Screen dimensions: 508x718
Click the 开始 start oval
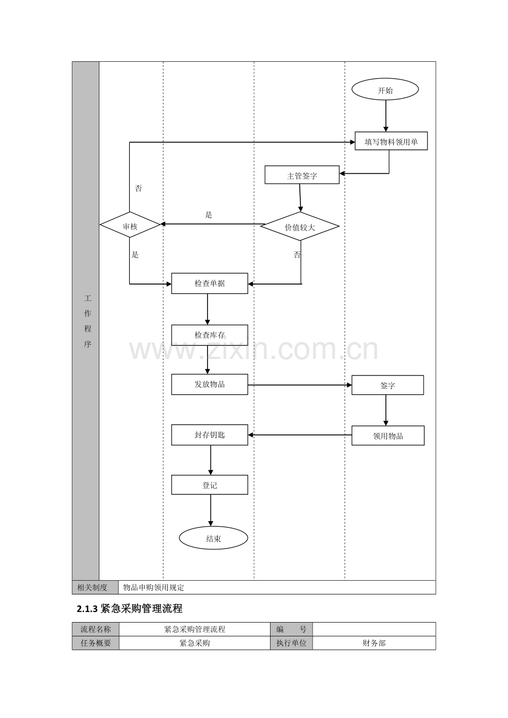[385, 89]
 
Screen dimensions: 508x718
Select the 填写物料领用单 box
[391, 141]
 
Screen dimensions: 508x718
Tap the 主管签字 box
[301, 175]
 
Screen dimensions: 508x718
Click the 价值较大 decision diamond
[300, 226]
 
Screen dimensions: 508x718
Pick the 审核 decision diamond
[130, 224]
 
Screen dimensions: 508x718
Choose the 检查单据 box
[209, 283]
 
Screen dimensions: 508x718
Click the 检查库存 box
[209, 335]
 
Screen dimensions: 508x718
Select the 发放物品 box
[209, 384]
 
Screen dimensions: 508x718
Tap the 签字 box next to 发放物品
[388, 385]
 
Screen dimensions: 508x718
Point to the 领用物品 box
[388, 436]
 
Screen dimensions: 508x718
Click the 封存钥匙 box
[209, 435]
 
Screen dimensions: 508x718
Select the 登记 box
[209, 485]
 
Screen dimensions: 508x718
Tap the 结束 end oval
[213, 538]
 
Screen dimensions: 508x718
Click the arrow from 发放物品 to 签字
[300, 385]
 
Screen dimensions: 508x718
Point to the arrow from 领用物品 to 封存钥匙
[300, 435]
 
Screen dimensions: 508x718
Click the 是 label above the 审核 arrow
[209, 215]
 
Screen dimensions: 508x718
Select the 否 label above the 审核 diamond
[138, 188]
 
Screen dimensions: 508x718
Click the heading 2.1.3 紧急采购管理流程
[130, 609]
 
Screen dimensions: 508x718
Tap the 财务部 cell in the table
[374, 643]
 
